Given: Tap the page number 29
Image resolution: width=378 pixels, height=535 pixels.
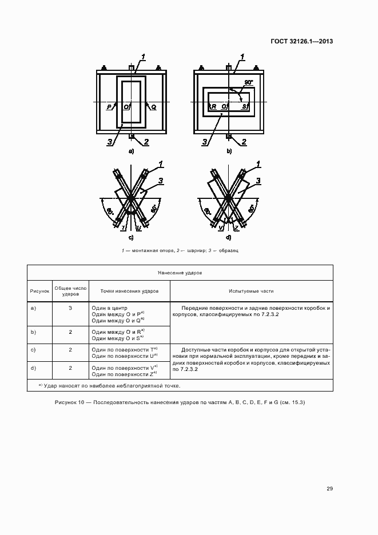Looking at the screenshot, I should pyautogui.click(x=329, y=488).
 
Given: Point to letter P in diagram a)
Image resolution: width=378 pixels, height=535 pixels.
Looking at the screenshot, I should pyautogui.click(x=109, y=107).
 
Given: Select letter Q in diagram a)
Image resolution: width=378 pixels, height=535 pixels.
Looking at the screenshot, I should pyautogui.click(x=153, y=107).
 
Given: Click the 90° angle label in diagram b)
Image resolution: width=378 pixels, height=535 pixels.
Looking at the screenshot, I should pyautogui.click(x=248, y=83).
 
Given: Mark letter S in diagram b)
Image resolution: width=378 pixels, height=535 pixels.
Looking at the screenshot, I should pyautogui.click(x=244, y=107).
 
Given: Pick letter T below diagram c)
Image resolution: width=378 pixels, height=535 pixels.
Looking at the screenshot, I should pyautogui.click(x=123, y=227).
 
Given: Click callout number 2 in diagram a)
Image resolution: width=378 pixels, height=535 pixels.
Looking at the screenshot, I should pyautogui.click(x=146, y=141).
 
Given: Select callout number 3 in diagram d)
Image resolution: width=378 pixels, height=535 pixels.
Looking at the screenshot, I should pyautogui.click(x=258, y=181).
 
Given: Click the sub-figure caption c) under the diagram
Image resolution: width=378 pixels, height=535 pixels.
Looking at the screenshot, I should pyautogui.click(x=131, y=237).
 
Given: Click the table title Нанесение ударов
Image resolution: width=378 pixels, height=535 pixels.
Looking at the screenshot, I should pyautogui.click(x=180, y=274).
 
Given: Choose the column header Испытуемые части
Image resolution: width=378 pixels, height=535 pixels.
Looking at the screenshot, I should pyautogui.click(x=252, y=291).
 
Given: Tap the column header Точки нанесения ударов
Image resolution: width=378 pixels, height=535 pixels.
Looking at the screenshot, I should pyautogui.click(x=129, y=291).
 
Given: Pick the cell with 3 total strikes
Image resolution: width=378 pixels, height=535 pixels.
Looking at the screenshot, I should pyautogui.click(x=70, y=308).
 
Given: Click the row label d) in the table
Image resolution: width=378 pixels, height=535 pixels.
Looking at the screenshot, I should pyautogui.click(x=33, y=367).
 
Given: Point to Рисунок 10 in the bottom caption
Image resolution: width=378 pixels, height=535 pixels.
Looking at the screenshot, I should pyautogui.click(x=70, y=403).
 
